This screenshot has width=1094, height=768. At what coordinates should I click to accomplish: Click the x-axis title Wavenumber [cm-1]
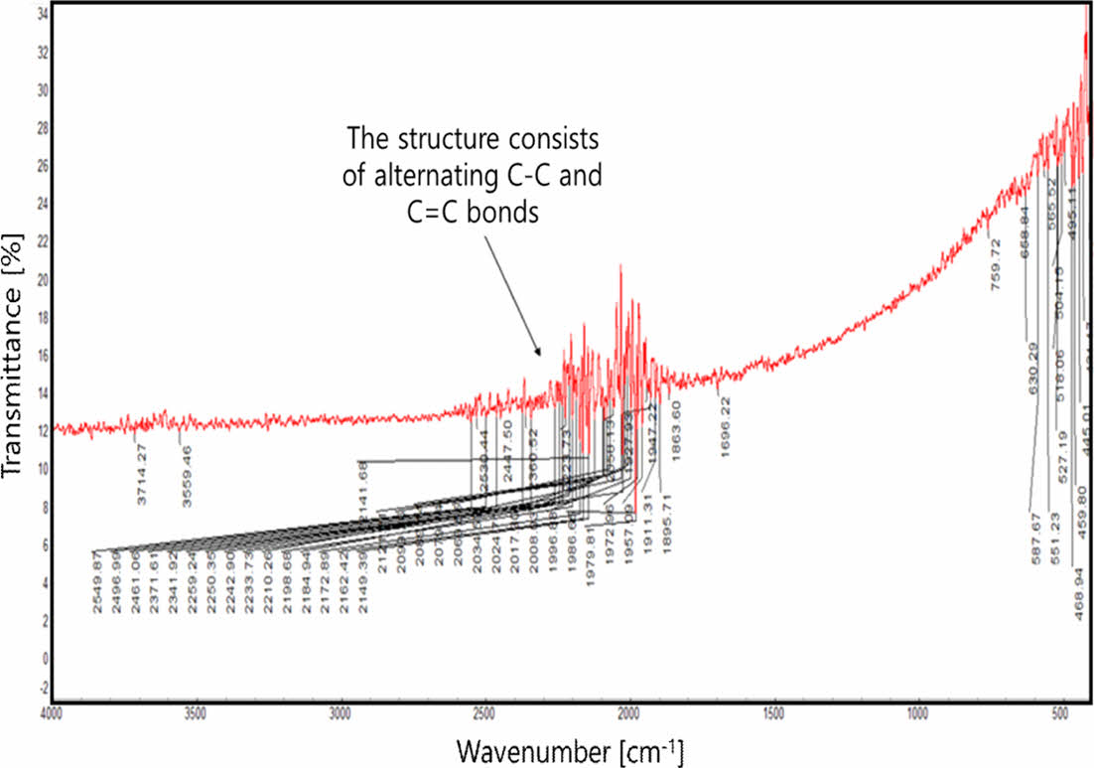click(x=570, y=747)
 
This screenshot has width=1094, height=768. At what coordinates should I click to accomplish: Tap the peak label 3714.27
click(x=142, y=475)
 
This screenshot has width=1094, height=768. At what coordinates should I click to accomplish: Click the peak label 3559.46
click(x=187, y=475)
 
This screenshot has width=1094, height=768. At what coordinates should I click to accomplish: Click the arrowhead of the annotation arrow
click(x=539, y=353)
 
